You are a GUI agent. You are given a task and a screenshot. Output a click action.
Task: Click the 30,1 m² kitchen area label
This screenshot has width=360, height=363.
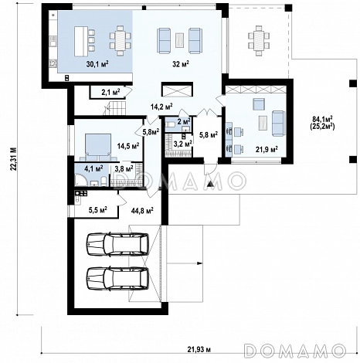pyautogui.click(x=97, y=64)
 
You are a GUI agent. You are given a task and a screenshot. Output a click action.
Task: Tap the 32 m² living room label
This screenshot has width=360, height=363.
pyautogui.click(x=181, y=64)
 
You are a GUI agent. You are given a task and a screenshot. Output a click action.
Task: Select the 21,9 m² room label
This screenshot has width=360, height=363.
pyautogui.click(x=267, y=149)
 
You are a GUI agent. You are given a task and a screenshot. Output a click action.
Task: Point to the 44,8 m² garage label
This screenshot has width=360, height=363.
pyautogui.click(x=142, y=211)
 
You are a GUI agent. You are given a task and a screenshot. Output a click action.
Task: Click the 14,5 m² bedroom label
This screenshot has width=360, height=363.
pyautogui.click(x=128, y=146)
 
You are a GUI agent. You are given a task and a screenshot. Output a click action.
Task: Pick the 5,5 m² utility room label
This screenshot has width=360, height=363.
pyautogui.click(x=98, y=210)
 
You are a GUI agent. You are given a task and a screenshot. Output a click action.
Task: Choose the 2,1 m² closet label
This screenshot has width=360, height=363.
pyautogui.click(x=110, y=92)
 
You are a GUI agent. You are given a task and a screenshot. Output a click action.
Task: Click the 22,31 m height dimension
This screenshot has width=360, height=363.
pyautogui.click(x=13, y=158)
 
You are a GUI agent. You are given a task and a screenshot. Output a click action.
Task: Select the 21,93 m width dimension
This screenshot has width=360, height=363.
pyautogui.click(x=199, y=350)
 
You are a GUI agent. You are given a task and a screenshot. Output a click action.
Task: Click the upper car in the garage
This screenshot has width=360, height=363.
pyautogui.click(x=117, y=244)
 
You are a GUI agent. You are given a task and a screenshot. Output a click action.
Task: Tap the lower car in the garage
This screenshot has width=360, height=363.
pyautogui.click(x=117, y=279)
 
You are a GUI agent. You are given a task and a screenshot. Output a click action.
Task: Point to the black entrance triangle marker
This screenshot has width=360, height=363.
pyautogui.click(x=211, y=184)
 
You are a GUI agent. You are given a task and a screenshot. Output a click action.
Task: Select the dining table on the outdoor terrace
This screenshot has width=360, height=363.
pyautogui.click(x=259, y=41)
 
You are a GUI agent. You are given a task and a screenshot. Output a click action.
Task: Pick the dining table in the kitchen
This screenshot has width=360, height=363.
pyautogui.click(x=121, y=41)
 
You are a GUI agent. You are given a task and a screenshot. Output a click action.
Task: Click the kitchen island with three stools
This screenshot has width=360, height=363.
pyautogui.click(x=84, y=41)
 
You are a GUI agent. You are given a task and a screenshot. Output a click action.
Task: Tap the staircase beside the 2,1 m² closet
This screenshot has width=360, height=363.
pyautogui.click(x=115, y=108)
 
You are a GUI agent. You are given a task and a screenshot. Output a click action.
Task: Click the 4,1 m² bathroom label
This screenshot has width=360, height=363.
pyautogui.click(x=93, y=168)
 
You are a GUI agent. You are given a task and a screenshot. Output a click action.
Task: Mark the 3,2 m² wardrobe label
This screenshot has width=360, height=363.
pyautogui.click(x=182, y=143)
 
